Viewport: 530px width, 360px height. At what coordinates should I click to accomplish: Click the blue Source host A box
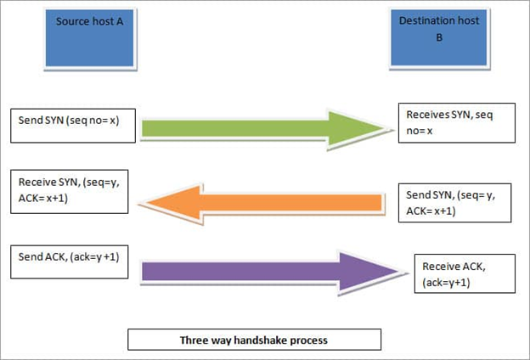click(x=90, y=38)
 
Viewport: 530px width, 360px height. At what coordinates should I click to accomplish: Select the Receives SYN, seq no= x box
click(x=458, y=123)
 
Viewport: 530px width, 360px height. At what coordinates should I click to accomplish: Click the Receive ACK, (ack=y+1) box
click(x=463, y=273)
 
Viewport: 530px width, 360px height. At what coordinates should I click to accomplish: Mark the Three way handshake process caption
click(x=253, y=340)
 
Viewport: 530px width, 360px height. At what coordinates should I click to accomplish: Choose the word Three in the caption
click(x=193, y=340)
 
